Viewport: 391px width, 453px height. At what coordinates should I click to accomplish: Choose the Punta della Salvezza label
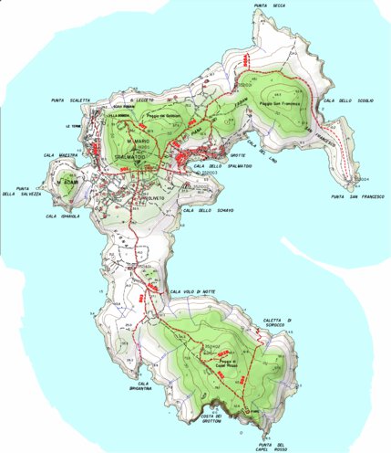click(x=20, y=190)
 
